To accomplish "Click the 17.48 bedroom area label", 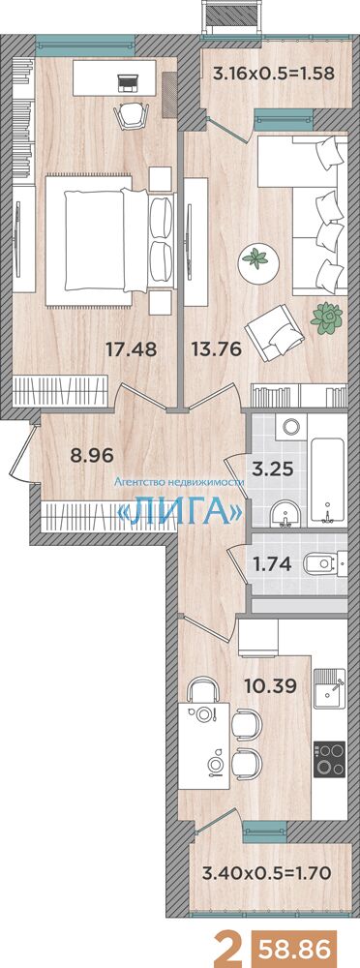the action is [x=131, y=350].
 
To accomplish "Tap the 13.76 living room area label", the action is [x=216, y=350].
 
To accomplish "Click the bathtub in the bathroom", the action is [x=325, y=480].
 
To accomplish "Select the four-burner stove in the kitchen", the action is [x=329, y=759].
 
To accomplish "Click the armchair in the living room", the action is [x=273, y=331].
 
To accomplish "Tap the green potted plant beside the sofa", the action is [x=326, y=318].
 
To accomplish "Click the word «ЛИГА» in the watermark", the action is [x=179, y=510].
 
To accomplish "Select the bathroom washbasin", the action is [x=285, y=513].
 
